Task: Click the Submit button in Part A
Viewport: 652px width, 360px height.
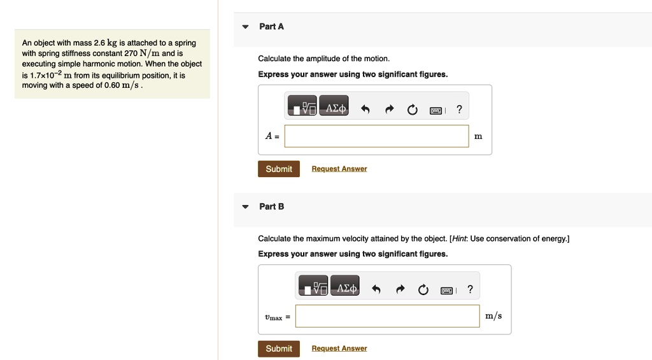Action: click(x=279, y=169)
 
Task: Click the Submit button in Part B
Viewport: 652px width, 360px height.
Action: click(x=279, y=349)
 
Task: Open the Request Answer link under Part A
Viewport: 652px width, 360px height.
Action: click(x=339, y=169)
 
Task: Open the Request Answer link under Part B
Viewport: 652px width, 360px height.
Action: click(x=339, y=349)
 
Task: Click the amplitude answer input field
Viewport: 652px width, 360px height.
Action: click(x=376, y=136)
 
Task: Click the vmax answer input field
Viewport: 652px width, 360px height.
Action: click(x=387, y=316)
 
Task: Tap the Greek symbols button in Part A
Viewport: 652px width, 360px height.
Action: click(x=336, y=109)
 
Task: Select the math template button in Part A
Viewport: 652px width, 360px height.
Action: click(x=302, y=109)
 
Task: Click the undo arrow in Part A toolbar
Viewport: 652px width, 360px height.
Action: click(x=365, y=110)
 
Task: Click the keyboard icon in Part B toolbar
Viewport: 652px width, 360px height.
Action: click(x=447, y=290)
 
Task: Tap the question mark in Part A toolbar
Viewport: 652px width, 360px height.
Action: click(x=459, y=110)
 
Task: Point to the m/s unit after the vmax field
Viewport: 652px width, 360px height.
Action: click(x=493, y=316)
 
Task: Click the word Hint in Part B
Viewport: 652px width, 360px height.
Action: click(x=459, y=239)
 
